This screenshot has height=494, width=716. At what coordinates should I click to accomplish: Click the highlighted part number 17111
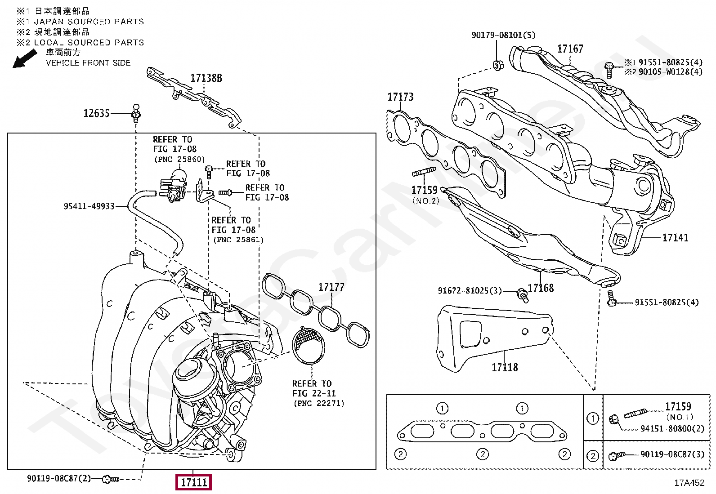point(193,482)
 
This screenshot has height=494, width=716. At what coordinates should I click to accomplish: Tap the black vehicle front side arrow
point(25,59)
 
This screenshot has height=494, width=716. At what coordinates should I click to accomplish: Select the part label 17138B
point(206,78)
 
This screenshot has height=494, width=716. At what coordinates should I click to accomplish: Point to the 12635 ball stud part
point(136,113)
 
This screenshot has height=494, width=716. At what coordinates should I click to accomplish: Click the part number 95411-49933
point(89,206)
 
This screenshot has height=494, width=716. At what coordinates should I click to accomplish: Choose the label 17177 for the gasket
point(331,287)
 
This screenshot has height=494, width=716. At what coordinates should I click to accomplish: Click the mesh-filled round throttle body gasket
point(309,345)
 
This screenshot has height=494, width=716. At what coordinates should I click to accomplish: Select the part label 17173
point(400,97)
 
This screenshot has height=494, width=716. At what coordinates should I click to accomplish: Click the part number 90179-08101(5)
point(503,35)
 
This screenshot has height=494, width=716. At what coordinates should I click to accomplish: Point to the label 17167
point(570,49)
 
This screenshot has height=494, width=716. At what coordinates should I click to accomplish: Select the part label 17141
point(676,237)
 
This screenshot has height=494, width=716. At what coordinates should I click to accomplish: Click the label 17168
point(541,288)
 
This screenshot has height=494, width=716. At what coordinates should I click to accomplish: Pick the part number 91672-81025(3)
point(470,290)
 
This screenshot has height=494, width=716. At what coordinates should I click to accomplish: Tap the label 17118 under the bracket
point(505,367)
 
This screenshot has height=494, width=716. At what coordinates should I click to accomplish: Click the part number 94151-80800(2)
point(672,428)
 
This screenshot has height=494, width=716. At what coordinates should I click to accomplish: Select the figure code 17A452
point(689,482)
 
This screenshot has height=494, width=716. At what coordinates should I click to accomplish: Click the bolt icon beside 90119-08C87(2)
point(110,479)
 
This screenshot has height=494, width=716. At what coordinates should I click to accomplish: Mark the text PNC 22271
point(319,403)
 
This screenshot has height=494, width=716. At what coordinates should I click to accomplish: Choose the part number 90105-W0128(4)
point(671,71)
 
